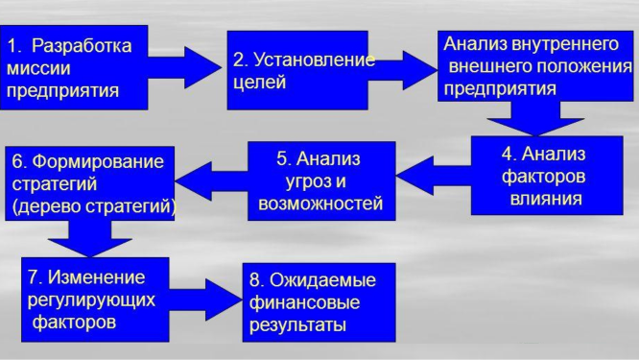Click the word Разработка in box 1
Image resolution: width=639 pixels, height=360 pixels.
[83, 45]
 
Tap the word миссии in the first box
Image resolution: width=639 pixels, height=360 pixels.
[39, 69]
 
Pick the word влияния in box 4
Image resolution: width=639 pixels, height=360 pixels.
[545, 201]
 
